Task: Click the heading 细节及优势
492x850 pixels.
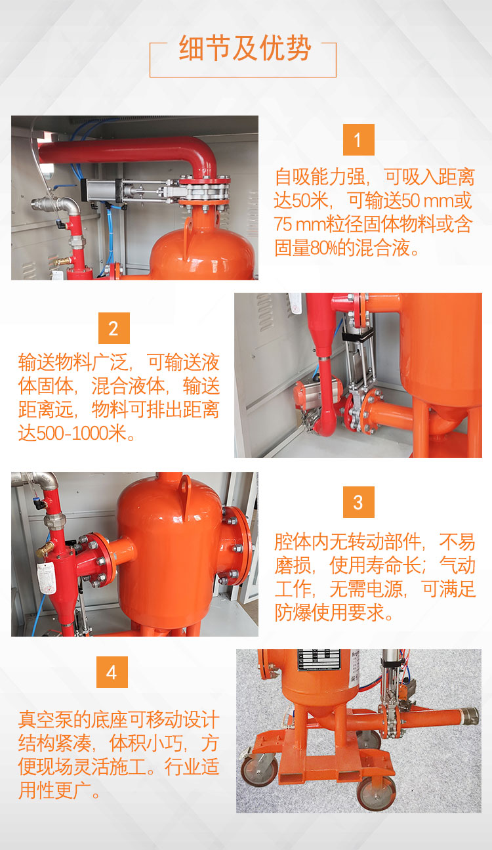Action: click(245, 48)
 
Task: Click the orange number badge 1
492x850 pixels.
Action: click(358, 140)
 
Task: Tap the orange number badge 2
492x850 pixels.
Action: click(113, 328)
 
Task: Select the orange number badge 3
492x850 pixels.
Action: click(358, 502)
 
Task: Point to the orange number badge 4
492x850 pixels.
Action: click(112, 672)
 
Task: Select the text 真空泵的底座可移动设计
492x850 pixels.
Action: click(119, 719)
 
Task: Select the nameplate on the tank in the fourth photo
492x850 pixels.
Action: click(319, 660)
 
